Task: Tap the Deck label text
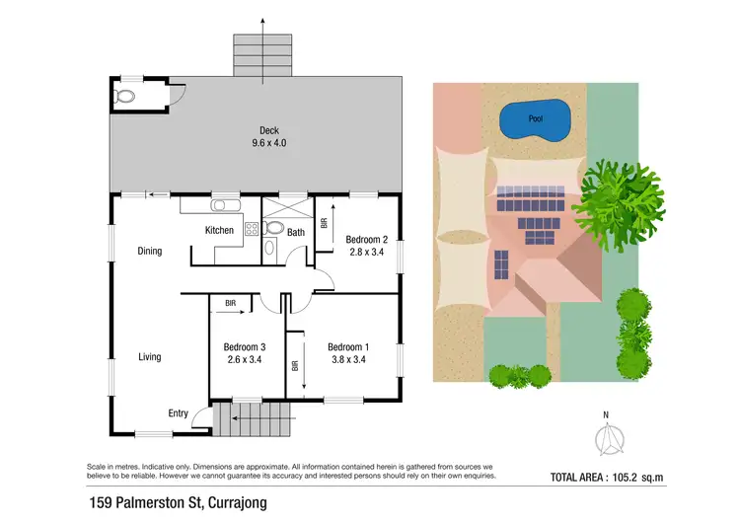click(268, 130)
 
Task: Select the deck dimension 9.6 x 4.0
click(268, 143)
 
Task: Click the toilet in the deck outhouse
click(123, 98)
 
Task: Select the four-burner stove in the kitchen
click(251, 229)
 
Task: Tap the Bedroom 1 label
click(348, 346)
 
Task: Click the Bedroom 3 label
click(244, 346)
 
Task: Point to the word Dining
click(149, 252)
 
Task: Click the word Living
click(149, 357)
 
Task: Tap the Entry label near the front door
click(178, 413)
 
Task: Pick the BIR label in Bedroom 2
click(325, 223)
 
